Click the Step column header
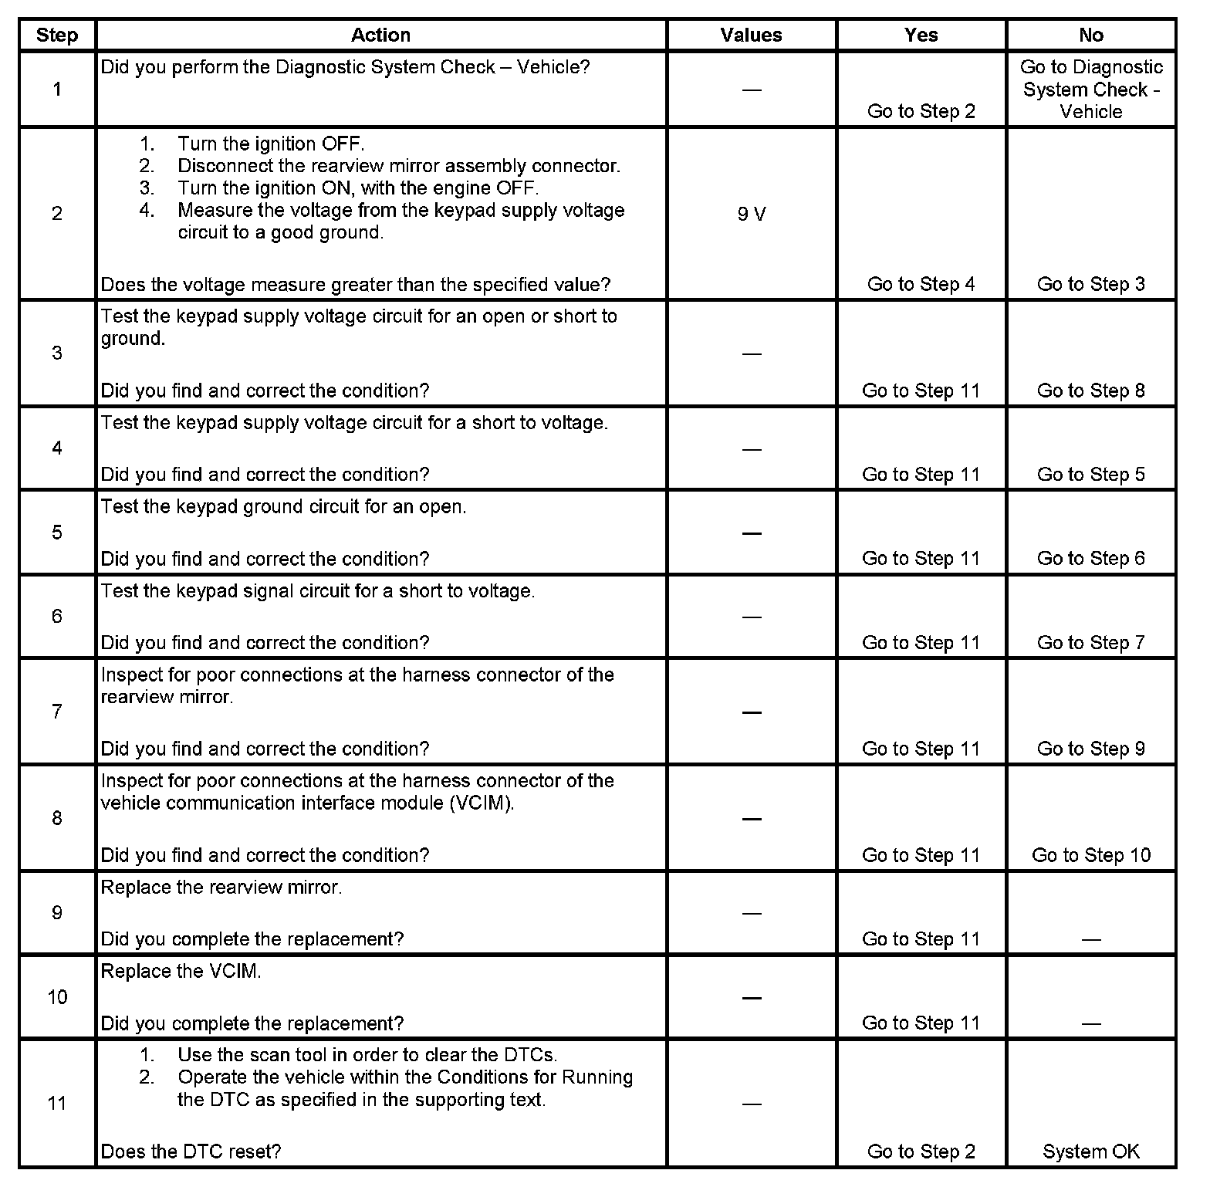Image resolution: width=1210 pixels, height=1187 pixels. [57, 36]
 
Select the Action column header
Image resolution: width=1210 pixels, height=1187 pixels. [380, 36]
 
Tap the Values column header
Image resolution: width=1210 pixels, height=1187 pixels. [751, 36]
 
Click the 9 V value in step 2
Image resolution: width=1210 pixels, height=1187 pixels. [751, 214]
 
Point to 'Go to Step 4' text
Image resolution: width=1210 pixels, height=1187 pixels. [921, 284]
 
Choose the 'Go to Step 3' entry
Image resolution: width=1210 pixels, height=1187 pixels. [1090, 284]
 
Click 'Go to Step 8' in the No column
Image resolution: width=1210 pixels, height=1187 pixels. [1090, 391]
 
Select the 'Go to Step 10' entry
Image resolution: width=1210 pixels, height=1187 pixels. [1090, 855]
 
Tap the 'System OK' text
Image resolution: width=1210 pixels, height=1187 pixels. [1090, 1151]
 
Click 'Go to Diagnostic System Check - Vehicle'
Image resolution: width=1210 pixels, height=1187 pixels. [1090, 90]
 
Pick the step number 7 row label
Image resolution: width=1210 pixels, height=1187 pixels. [57, 711]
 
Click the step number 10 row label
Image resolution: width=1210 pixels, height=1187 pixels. [57, 997]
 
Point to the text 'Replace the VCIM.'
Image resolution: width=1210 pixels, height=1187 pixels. [181, 972]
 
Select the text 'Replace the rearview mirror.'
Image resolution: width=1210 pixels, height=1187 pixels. [221, 888]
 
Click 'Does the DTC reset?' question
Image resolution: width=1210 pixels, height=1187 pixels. [191, 1151]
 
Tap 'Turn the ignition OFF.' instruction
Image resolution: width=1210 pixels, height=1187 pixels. [271, 144]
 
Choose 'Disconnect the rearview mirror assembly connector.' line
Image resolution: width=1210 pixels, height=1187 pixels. [399, 166]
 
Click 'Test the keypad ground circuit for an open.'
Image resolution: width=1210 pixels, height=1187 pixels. [283, 507]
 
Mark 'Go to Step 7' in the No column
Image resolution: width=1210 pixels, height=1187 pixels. [1090, 643]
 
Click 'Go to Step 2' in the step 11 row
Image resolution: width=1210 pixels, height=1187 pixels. [921, 1151]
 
